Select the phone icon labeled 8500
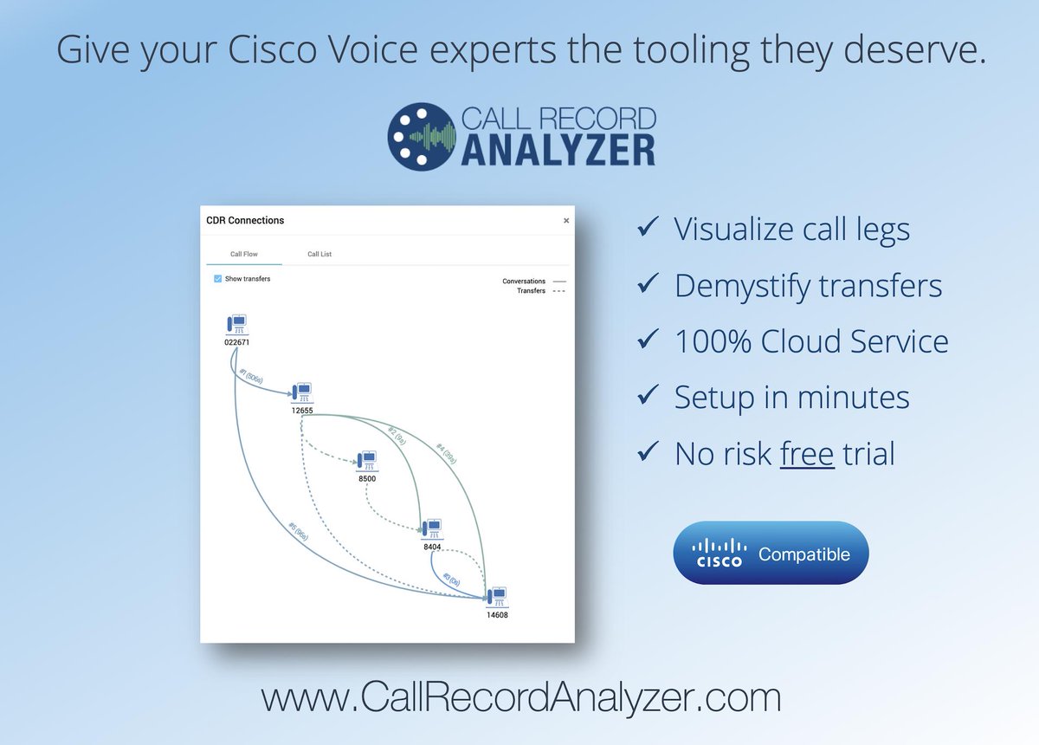pos(366,460)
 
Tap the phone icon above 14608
pos(495,597)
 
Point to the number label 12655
pos(302,411)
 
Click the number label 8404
pos(432,547)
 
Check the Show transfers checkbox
pos(218,279)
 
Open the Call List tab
pos(319,255)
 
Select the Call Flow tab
pos(243,255)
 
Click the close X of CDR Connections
pos(566,221)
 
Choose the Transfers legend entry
pos(531,291)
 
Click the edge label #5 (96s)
pos(298,533)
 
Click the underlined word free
pos(806,453)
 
